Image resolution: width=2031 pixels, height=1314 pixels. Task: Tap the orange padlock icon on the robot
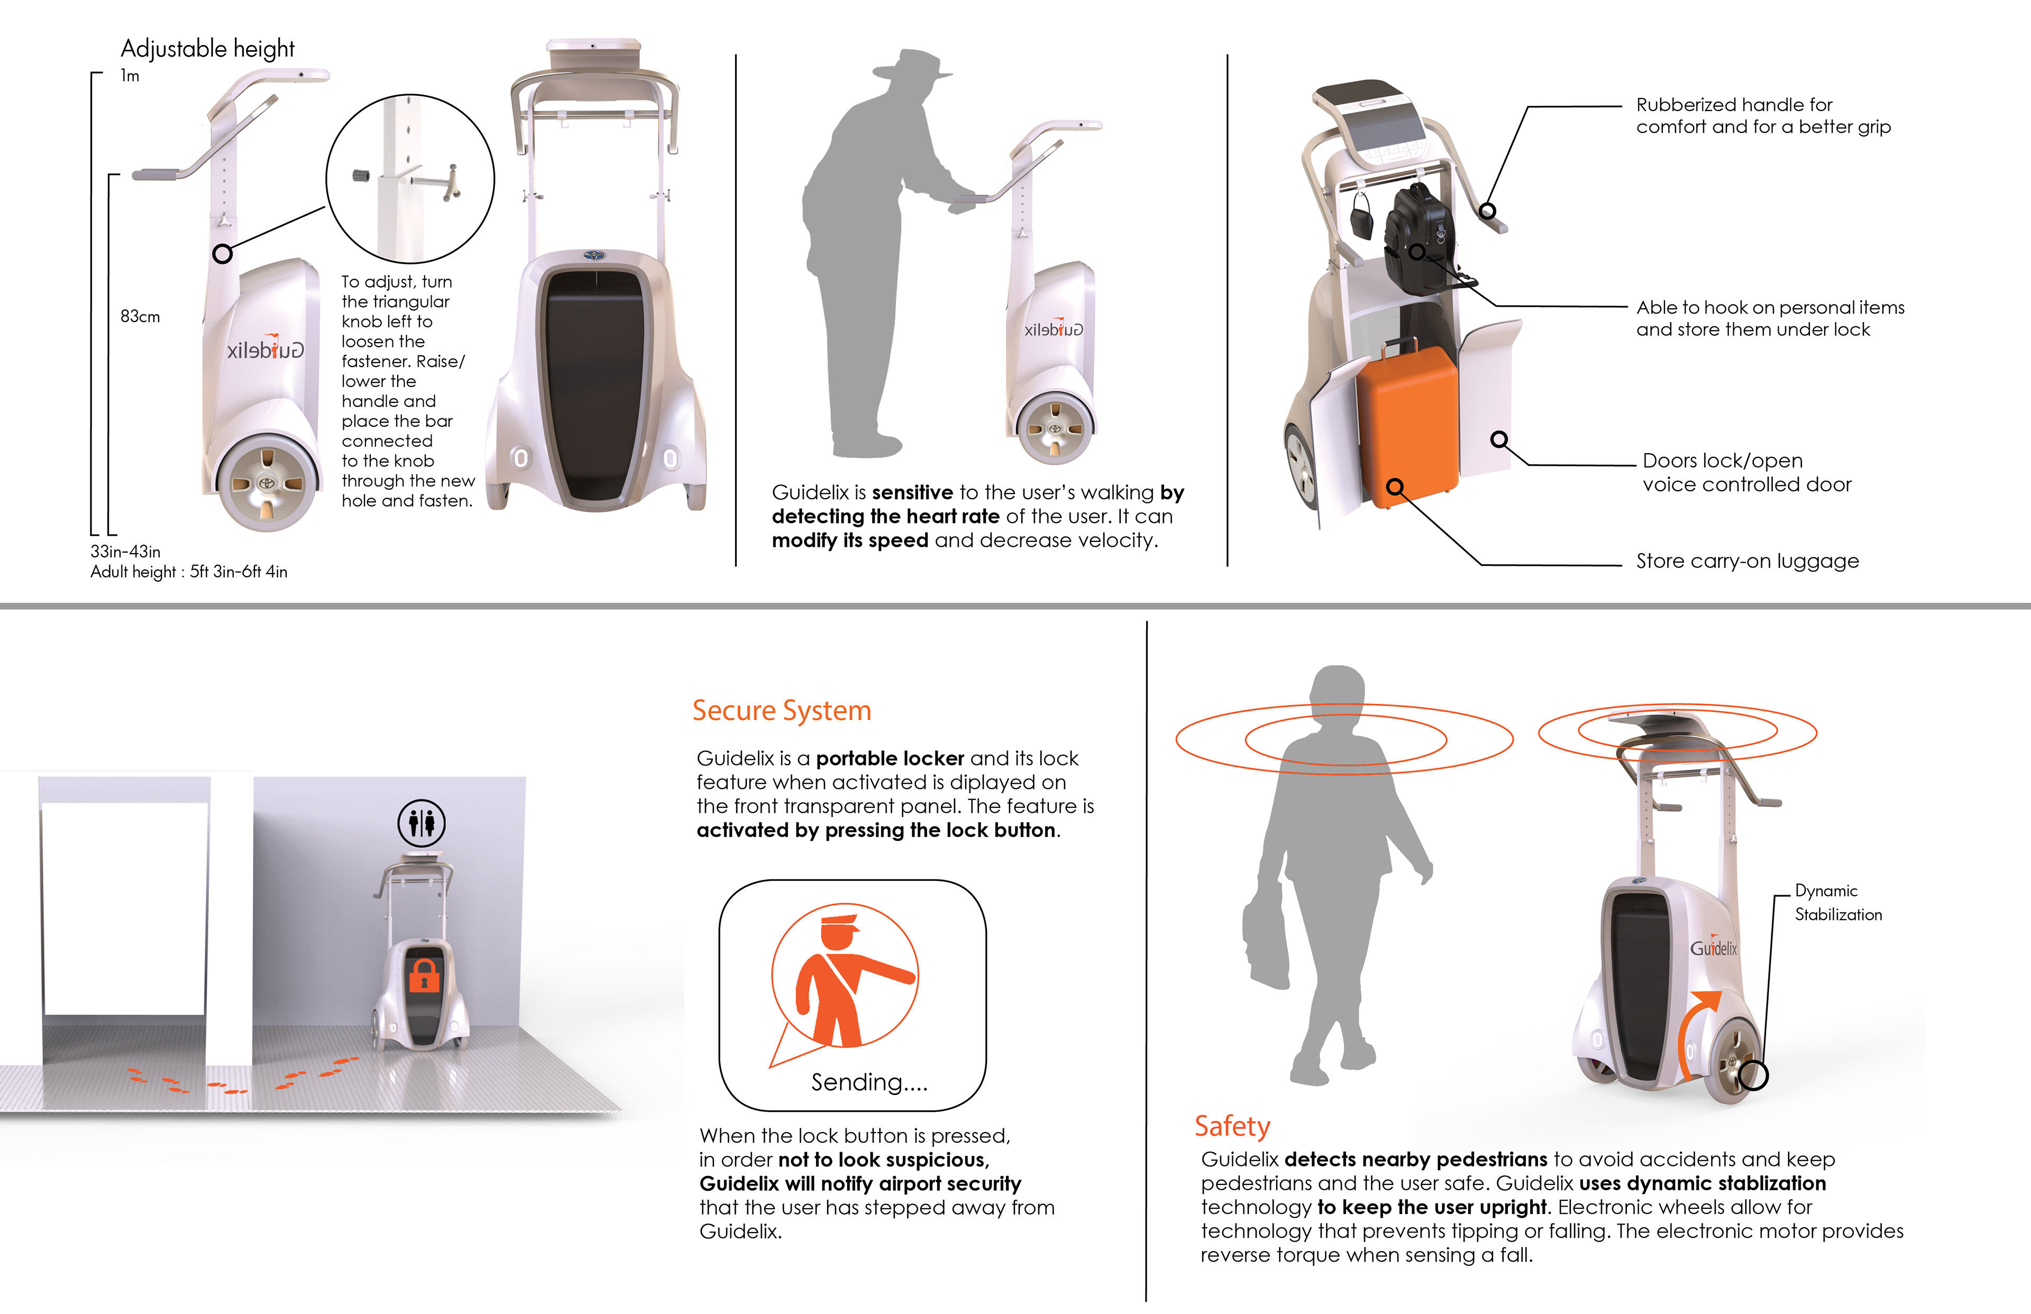point(423,975)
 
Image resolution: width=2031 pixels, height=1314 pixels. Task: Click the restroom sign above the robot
point(422,823)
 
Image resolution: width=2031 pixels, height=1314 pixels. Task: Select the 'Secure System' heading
point(782,710)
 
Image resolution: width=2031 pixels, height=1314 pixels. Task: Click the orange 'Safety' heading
point(1232,1126)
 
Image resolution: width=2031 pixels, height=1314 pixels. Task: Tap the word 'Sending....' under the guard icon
point(868,1082)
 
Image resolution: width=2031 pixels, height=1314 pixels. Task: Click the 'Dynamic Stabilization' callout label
point(1838,902)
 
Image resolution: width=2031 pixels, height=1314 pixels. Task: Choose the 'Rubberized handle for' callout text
point(1734,104)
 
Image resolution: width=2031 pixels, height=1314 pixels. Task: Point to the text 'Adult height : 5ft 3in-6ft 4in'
point(189,572)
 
